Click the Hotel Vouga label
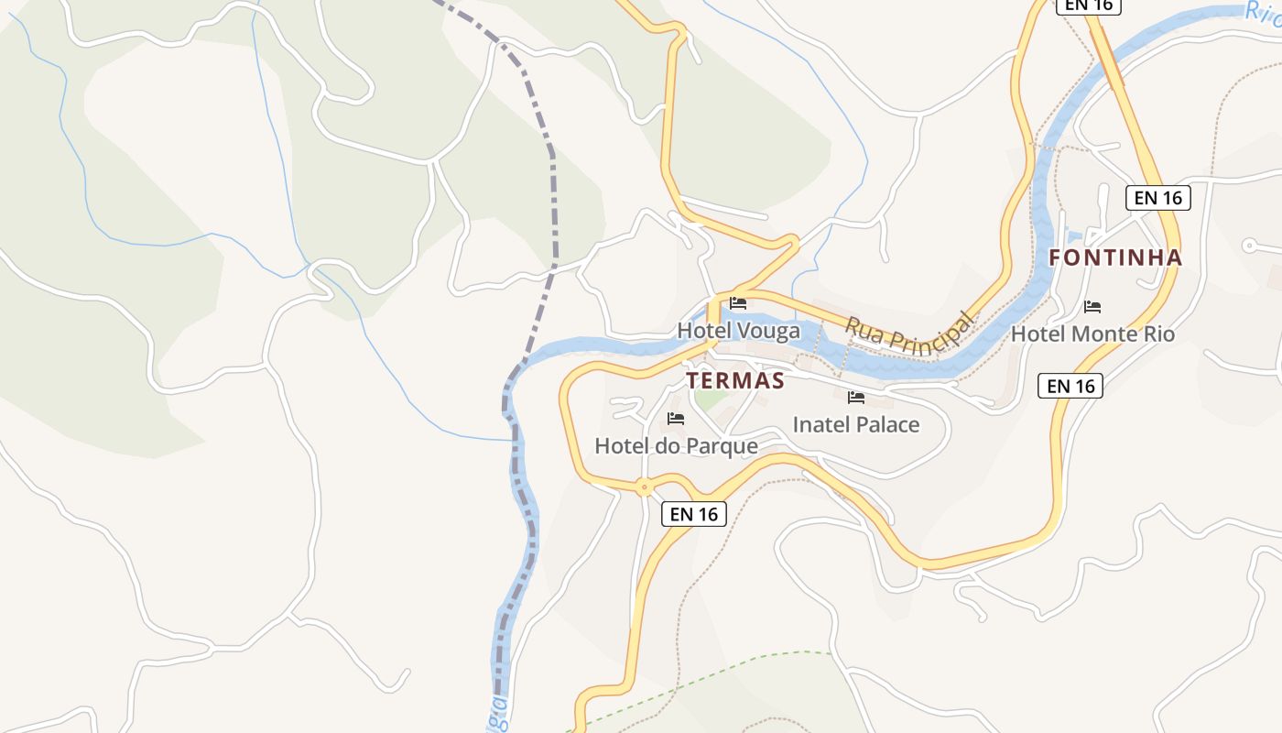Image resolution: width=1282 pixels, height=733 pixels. point(738,331)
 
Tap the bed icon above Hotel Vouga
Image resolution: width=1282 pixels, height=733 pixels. point(738,303)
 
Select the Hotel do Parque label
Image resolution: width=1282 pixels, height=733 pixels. point(676,446)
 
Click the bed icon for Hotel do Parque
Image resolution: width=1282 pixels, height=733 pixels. point(676,419)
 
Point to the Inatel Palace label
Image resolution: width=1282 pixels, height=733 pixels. point(855,424)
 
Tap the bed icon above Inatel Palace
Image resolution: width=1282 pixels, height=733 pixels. point(856,398)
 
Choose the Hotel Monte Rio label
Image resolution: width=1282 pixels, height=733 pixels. point(1092,334)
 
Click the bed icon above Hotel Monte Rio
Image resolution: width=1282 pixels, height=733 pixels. point(1092,307)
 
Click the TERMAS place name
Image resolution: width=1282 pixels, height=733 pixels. point(735,381)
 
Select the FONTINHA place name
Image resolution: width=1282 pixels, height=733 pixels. point(1115,258)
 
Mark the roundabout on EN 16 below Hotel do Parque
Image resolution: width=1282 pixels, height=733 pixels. point(645,487)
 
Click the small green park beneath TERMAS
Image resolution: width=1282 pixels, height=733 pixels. point(708,400)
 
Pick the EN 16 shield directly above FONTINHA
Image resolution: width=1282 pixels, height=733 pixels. point(1157,198)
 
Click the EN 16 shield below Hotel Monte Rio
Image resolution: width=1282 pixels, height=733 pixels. point(1070,386)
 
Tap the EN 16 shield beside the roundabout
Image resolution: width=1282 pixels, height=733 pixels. point(693,514)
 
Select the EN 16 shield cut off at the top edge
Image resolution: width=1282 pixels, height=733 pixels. point(1088,5)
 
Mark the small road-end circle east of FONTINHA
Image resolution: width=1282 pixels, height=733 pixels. point(1249,246)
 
